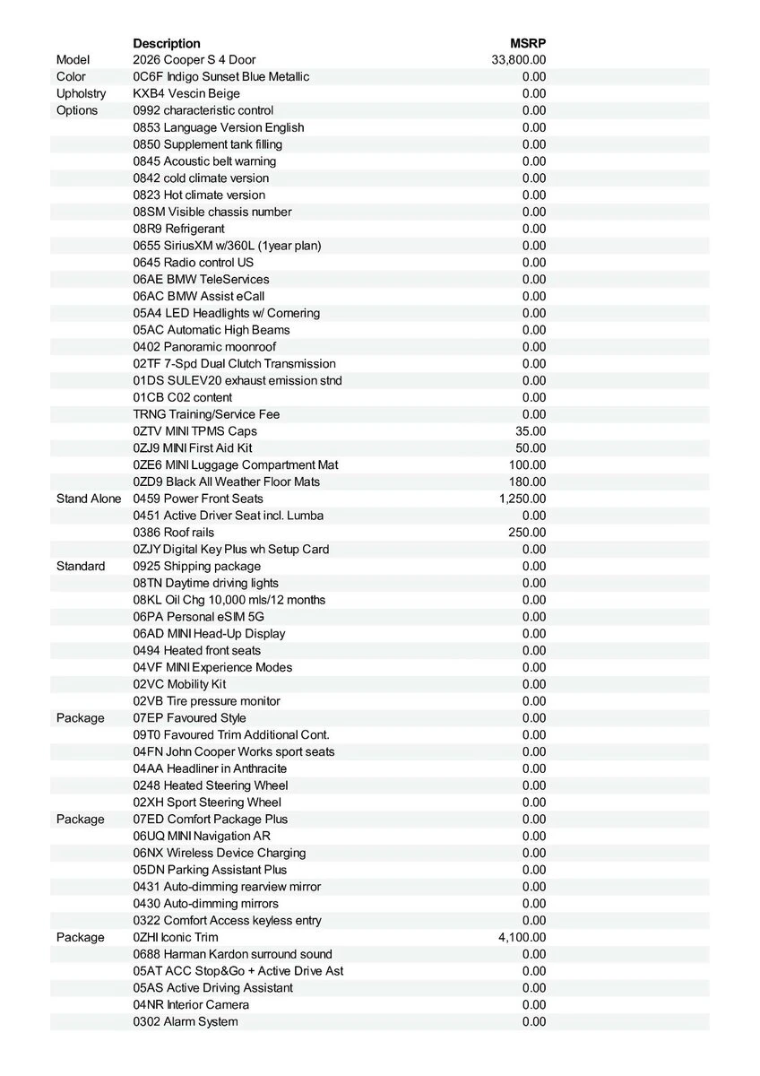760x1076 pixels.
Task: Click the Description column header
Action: click(x=167, y=43)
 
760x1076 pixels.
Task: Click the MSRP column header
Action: click(x=528, y=43)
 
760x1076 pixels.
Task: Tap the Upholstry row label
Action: click(x=81, y=93)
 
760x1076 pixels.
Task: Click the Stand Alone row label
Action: click(x=89, y=499)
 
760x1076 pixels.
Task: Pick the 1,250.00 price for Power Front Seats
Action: click(x=522, y=499)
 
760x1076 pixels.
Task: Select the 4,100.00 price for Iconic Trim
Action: click(x=522, y=937)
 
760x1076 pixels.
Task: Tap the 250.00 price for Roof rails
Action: click(x=527, y=533)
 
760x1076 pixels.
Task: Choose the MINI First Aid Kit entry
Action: click(x=193, y=448)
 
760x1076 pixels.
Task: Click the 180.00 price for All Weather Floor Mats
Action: click(x=527, y=482)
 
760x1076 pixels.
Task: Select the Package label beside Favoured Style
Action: click(x=80, y=718)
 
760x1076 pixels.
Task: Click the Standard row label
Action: click(x=81, y=566)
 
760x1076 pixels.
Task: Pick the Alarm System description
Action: click(x=186, y=1021)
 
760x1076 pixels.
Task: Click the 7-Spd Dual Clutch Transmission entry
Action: click(x=234, y=364)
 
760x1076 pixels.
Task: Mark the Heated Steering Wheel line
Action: click(x=211, y=785)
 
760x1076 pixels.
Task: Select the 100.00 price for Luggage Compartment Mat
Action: click(x=527, y=464)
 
